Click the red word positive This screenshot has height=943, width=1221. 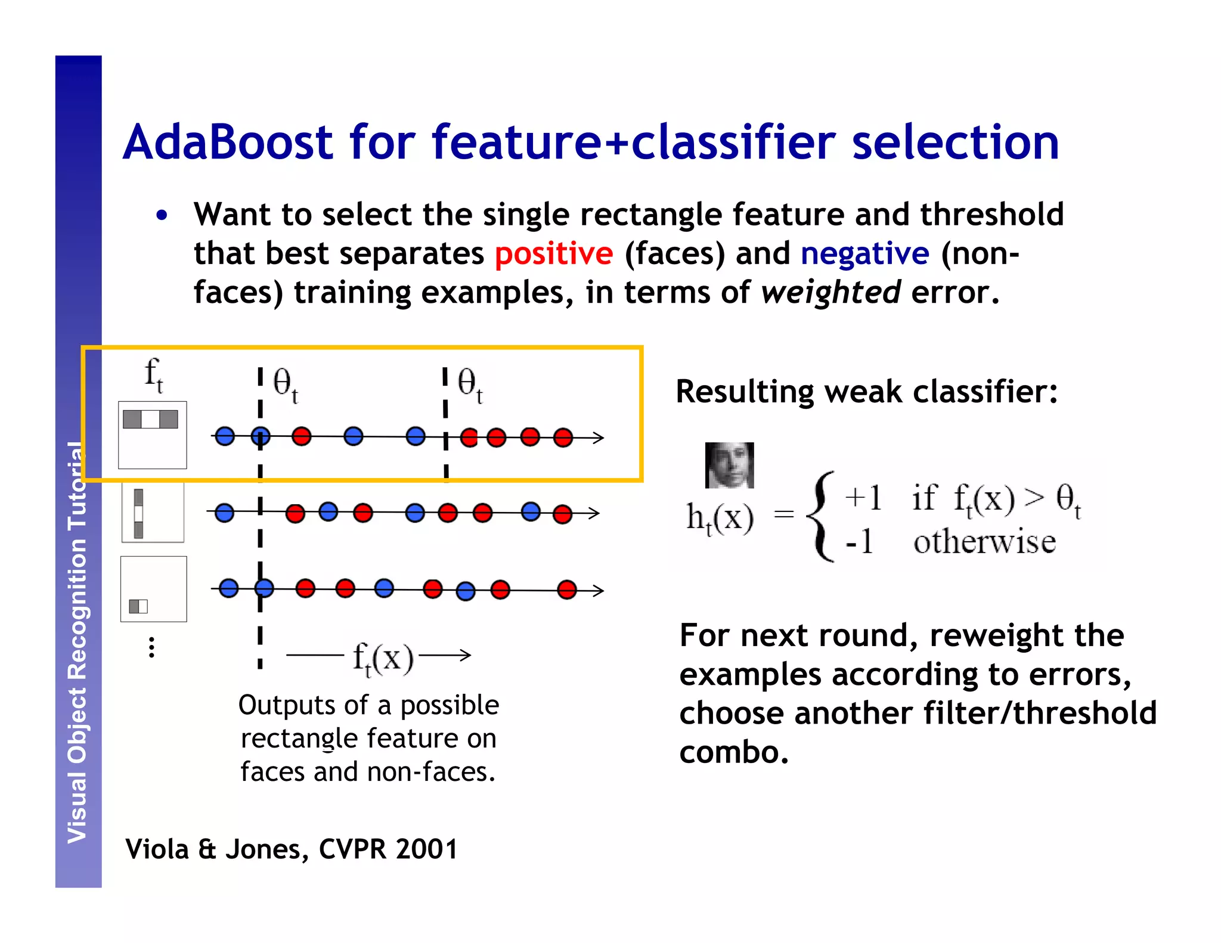click(x=553, y=254)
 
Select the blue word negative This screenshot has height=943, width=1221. click(x=864, y=254)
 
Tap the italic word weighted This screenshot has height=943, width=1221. click(x=830, y=293)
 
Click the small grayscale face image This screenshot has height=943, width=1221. click(x=729, y=465)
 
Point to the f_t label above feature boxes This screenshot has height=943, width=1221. click(x=153, y=375)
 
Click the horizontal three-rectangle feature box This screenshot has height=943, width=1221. click(x=152, y=435)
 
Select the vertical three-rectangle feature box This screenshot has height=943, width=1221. click(x=153, y=513)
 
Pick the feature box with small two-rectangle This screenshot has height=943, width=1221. click(x=153, y=589)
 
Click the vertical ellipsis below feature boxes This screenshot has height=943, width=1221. click(x=152, y=647)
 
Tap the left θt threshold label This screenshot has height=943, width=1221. click(x=285, y=385)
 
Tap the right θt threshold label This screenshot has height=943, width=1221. click(x=470, y=385)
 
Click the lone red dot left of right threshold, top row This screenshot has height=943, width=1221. click(x=302, y=436)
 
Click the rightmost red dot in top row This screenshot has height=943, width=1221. click(x=563, y=438)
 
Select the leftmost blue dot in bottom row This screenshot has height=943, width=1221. click(x=229, y=589)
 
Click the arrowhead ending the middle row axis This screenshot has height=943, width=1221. click(x=593, y=513)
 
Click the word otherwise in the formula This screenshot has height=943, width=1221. click(x=984, y=542)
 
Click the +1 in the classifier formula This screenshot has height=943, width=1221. click(x=863, y=498)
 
